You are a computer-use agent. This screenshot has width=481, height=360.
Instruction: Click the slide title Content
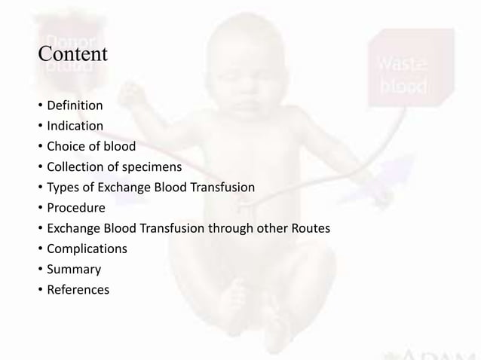tap(73, 55)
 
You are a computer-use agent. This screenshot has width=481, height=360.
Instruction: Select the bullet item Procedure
tap(75, 207)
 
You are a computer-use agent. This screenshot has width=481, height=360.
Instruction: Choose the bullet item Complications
tap(87, 248)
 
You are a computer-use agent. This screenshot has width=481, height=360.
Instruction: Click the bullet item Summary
tap(74, 268)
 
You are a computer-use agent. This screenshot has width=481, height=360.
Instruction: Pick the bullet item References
tap(78, 288)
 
